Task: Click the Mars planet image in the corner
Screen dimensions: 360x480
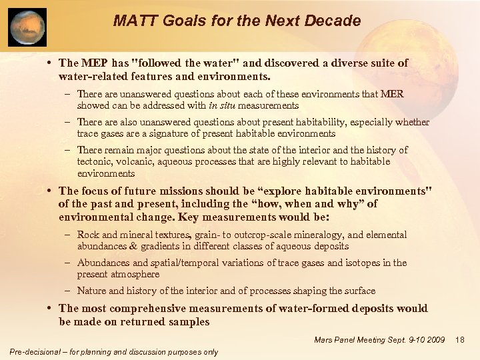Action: pyautogui.click(x=27, y=27)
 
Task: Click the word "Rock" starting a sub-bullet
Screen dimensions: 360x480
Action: pyautogui.click(x=87, y=235)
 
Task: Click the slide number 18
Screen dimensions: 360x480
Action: pyautogui.click(x=459, y=341)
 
